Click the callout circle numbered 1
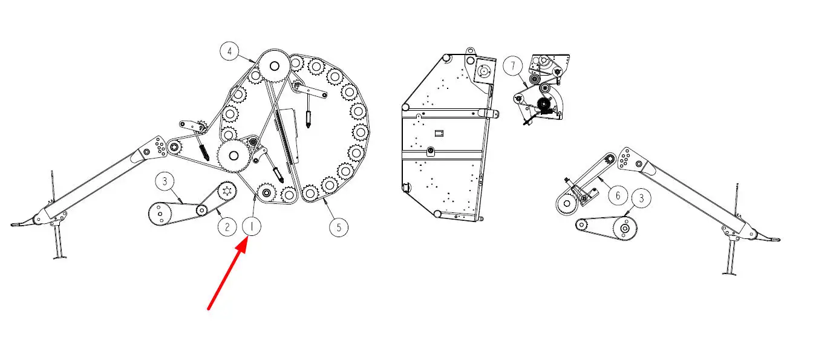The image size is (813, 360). [252, 226]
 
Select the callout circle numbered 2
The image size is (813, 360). [227, 227]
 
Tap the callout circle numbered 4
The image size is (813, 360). [229, 51]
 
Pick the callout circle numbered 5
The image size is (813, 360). [339, 227]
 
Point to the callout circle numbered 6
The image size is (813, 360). [618, 196]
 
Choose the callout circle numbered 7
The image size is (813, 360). [513, 66]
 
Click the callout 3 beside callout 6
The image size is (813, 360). [641, 198]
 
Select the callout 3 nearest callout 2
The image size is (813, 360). [165, 181]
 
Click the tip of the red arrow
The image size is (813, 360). [247, 237]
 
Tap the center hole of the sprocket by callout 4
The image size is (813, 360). [275, 67]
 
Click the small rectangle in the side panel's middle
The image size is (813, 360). [439, 134]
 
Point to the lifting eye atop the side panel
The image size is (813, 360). [471, 51]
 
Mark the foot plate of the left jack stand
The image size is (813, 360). [60, 258]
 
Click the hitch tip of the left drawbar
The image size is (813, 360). [14, 225]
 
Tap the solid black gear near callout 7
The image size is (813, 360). [544, 105]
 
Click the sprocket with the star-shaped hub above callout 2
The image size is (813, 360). [227, 191]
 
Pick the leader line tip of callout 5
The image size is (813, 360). [324, 199]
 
